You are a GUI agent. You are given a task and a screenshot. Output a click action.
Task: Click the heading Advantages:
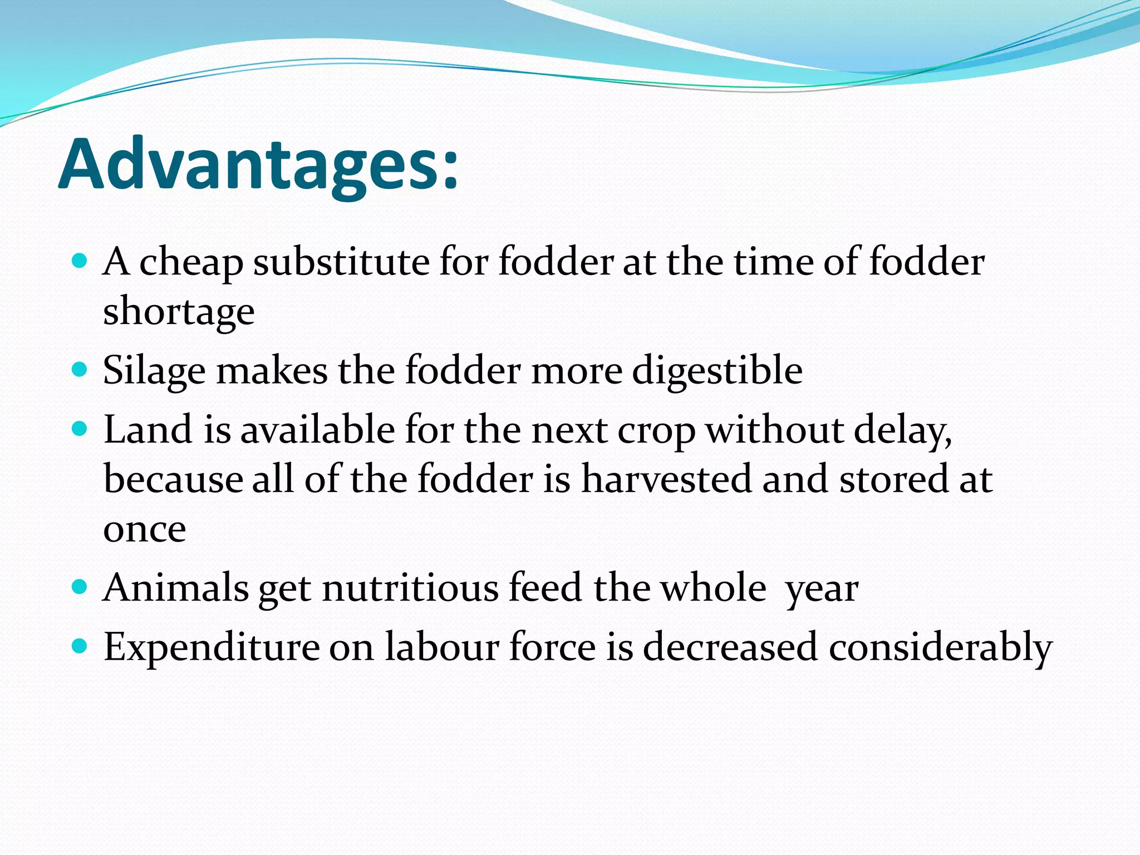click(x=258, y=165)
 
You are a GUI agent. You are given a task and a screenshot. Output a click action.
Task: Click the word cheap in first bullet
click(x=191, y=262)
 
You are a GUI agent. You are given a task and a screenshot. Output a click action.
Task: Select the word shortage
click(x=179, y=312)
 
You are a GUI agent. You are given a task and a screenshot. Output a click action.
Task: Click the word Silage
click(x=154, y=371)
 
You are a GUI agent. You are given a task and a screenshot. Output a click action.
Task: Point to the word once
click(x=145, y=529)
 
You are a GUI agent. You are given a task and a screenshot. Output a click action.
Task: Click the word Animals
click(x=176, y=588)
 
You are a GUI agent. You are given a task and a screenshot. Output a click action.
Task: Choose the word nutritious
click(x=410, y=588)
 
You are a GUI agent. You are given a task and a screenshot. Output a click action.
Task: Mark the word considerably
click(x=940, y=647)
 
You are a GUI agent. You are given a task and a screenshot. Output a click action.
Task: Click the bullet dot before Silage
click(x=80, y=370)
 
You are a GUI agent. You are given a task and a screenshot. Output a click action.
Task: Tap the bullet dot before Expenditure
click(x=80, y=646)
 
